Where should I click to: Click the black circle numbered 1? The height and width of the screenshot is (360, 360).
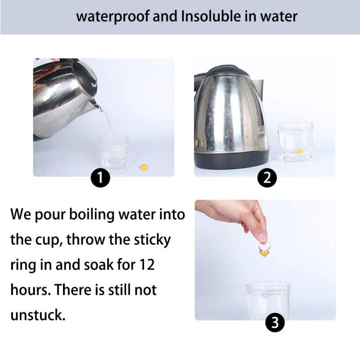click(101, 179)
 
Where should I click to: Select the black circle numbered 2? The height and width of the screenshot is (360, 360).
click(266, 179)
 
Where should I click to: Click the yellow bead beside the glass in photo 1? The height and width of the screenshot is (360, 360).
click(144, 167)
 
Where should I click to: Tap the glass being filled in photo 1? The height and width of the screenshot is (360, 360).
click(113, 152)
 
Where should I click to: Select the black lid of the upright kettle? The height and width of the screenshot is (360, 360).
click(227, 71)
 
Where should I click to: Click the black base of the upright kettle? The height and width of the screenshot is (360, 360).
click(231, 158)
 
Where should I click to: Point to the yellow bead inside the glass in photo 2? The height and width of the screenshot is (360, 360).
click(299, 151)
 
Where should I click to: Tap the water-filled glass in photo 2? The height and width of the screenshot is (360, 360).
click(295, 141)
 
